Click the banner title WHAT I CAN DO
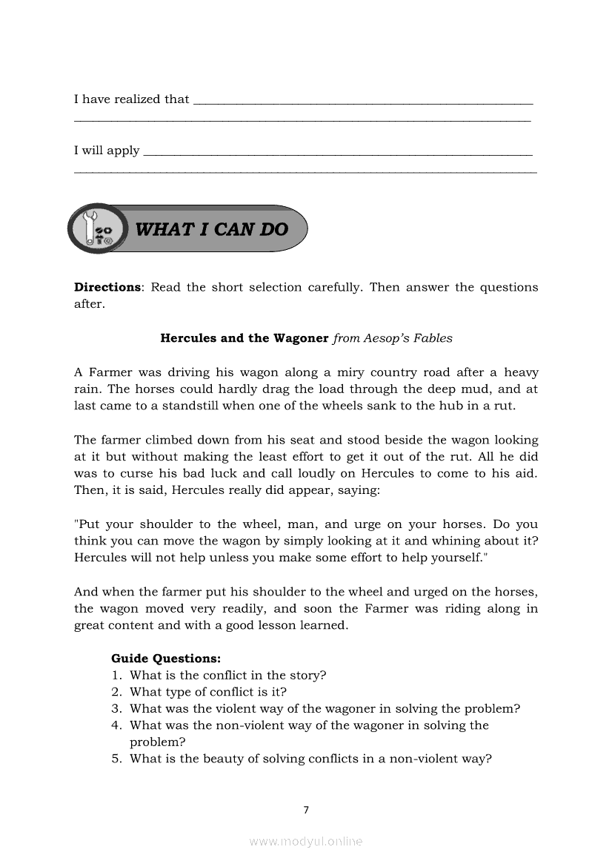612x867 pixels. coord(211,229)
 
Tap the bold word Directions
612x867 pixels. coord(107,287)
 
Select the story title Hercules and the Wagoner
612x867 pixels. coord(245,338)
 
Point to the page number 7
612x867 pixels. coord(306,810)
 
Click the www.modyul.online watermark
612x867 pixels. coord(306,842)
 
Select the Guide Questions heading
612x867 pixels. coord(166,658)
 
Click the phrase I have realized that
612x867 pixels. coord(131,99)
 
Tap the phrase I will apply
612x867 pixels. coord(107,151)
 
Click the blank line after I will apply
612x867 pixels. coord(337,154)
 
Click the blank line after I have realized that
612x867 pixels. coord(363,102)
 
